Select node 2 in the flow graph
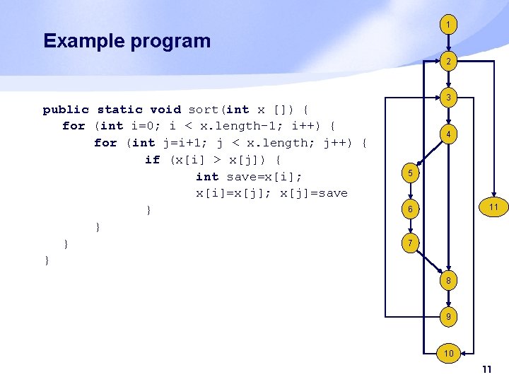pyautogui.click(x=447, y=62)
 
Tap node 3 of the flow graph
pyautogui.click(x=447, y=97)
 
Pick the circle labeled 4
pyautogui.click(x=447, y=134)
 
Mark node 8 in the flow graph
pyautogui.click(x=447, y=280)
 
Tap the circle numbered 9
pyautogui.click(x=447, y=318)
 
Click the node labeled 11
pyautogui.click(x=493, y=207)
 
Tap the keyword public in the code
pyautogui.click(x=66, y=109)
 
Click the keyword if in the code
pyautogui.click(x=152, y=160)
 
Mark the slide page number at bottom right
pyautogui.click(x=486, y=370)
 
